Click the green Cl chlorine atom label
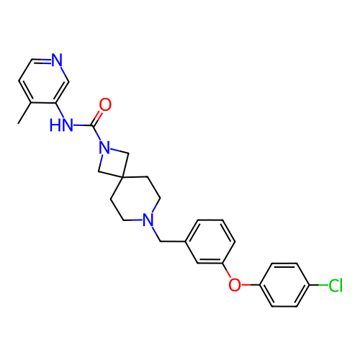click(x=336, y=285)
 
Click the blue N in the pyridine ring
click(x=57, y=60)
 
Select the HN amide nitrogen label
click(x=61, y=125)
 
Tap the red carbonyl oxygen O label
click(x=105, y=104)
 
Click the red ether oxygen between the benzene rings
click(x=235, y=285)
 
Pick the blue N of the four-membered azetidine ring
click(x=105, y=148)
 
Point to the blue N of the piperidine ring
click(x=148, y=220)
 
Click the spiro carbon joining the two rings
click(x=122, y=178)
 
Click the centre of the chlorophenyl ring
click(x=284, y=285)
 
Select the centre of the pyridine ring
click(x=44, y=81)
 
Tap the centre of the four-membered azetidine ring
click(x=114, y=163)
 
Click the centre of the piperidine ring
click(x=135, y=199)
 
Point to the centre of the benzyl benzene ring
click(x=210, y=241)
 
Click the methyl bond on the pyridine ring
click(x=24, y=113)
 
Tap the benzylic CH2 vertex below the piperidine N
click(x=161, y=241)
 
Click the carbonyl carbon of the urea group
click(x=92, y=125)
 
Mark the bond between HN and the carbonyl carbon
click(x=83, y=125)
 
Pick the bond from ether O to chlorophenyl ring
click(x=250, y=285)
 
